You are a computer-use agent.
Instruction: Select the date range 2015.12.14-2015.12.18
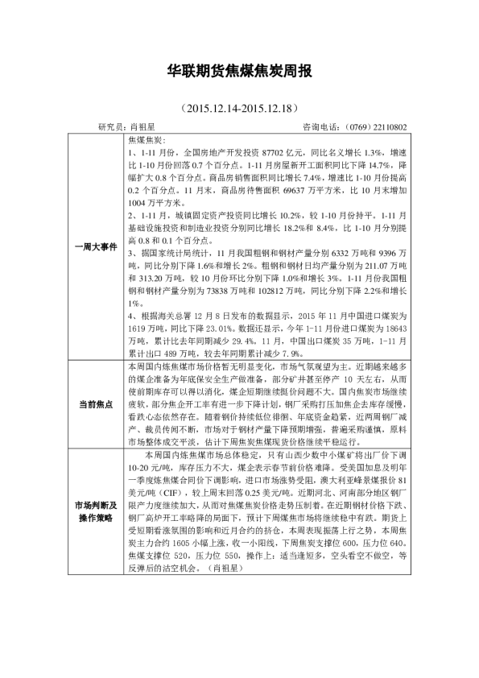pos(240,108)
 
